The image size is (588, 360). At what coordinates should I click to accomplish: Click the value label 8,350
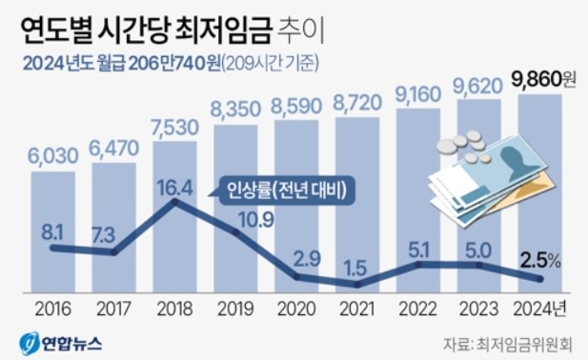235,110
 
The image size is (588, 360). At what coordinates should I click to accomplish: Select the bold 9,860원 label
541,79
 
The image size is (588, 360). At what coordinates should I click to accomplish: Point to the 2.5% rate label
539,257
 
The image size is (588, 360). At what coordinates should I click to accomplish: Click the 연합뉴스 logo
62,341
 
